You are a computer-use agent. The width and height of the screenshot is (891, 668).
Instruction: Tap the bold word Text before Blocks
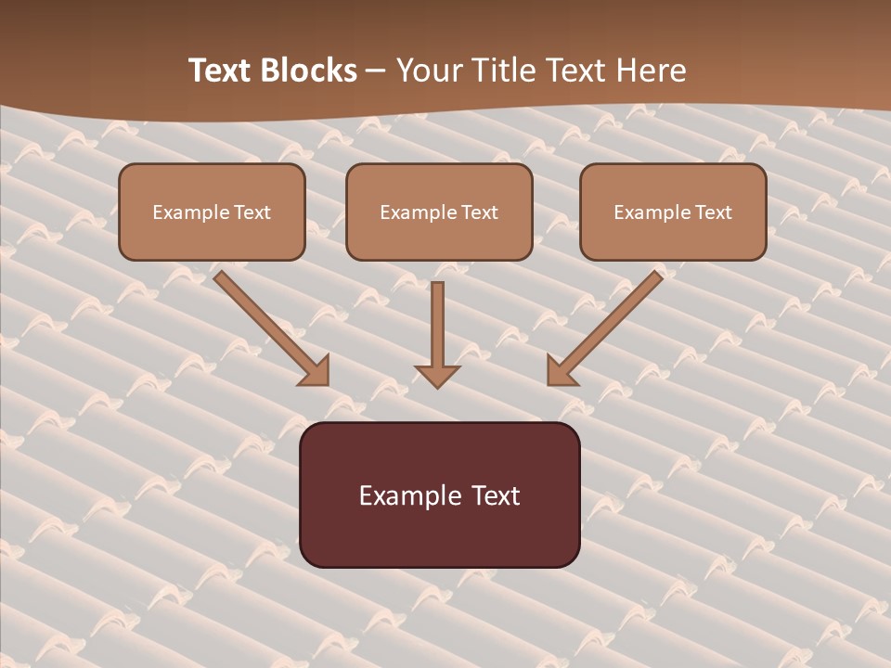[224, 71]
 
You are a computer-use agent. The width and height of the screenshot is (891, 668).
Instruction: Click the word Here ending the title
[651, 71]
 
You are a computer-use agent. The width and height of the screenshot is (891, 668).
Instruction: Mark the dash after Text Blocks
[376, 71]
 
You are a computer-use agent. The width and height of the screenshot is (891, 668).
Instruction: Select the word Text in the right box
[713, 212]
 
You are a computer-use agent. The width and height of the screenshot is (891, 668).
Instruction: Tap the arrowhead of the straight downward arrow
[437, 376]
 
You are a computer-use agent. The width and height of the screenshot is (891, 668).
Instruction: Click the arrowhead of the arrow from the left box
[316, 371]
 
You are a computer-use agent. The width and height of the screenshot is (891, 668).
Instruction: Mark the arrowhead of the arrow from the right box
[560, 371]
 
